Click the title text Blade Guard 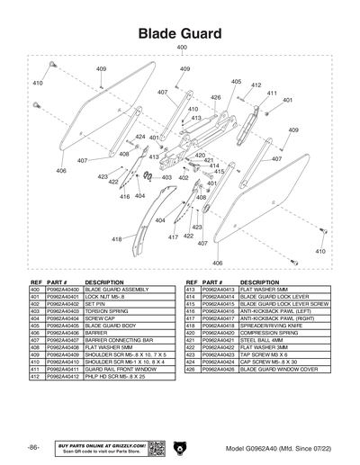180,32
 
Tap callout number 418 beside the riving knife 117,239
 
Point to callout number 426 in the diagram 216,97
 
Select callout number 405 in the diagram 236,82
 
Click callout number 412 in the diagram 256,85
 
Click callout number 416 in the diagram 125,196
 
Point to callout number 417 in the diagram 173,237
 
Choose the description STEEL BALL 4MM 258,340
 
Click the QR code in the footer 154,448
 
